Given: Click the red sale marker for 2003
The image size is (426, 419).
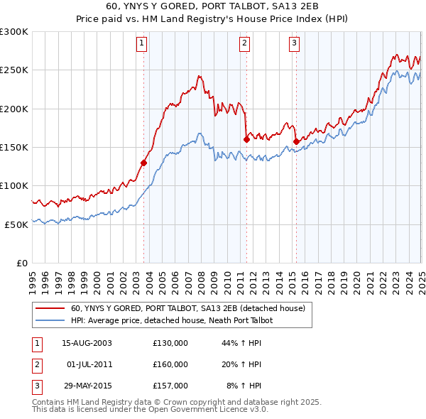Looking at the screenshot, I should point(143,163).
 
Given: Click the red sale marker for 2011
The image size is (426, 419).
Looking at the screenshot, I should point(246,139).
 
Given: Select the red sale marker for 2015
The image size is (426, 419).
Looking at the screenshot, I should point(296,141).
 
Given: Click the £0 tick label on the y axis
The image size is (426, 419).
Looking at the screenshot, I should point(21,263).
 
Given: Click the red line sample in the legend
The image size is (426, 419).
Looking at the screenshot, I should point(50,309).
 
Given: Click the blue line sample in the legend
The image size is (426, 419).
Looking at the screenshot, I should point(50,321).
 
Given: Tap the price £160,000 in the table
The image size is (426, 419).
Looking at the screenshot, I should point(170,364).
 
